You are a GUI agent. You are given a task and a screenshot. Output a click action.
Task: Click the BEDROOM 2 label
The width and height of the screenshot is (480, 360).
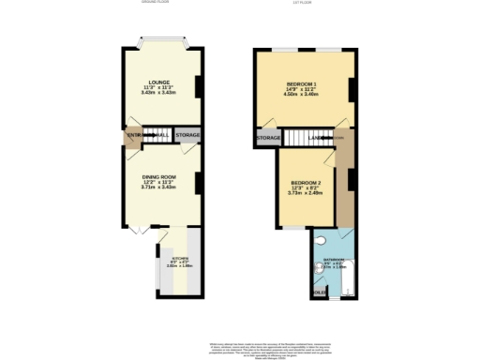point(306,182)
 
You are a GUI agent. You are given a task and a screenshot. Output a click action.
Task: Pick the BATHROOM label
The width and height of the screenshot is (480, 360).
point(335,259)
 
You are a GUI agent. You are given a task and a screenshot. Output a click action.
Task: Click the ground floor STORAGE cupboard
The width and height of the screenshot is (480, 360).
point(187,137)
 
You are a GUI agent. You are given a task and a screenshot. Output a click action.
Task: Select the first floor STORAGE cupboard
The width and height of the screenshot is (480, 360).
point(268,139)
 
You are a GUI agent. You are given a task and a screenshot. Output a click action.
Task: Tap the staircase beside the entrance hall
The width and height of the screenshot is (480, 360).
point(157,138)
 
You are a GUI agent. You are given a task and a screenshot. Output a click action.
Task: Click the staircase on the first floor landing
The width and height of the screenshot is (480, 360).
point(302,139)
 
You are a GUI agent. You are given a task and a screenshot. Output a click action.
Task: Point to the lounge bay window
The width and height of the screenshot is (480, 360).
point(158,42)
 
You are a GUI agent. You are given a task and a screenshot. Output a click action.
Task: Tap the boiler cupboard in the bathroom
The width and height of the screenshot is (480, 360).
point(320,292)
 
